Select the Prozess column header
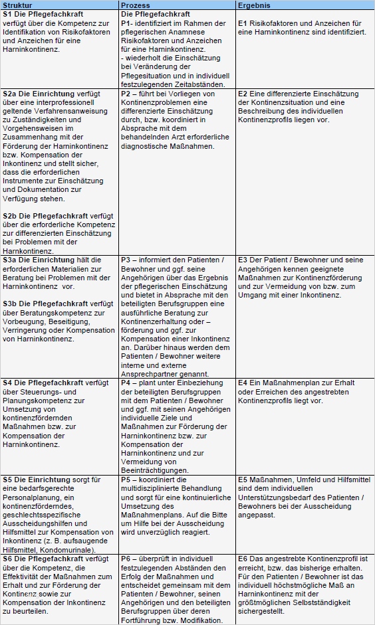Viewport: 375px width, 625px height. pyautogui.click(x=136, y=5)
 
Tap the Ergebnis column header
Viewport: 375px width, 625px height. pyautogui.click(x=254, y=5)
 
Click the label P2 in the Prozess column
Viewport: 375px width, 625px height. pyautogui.click(x=126, y=94)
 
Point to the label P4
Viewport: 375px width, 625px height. pyautogui.click(x=126, y=383)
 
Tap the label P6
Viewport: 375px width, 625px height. pyautogui.click(x=126, y=559)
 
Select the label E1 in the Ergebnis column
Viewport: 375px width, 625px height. pyautogui.click(x=243, y=23)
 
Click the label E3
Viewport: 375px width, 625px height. pyautogui.click(x=243, y=260)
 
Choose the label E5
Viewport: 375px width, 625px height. pyautogui.click(x=243, y=479)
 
